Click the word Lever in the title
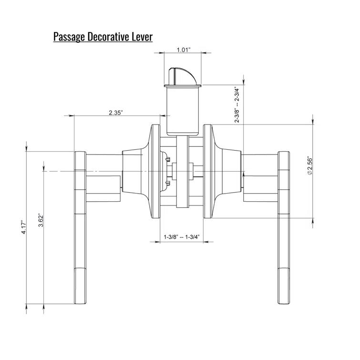click(x=142, y=37)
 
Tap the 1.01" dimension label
click(x=184, y=50)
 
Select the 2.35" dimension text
click(x=116, y=113)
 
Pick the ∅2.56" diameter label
click(x=309, y=165)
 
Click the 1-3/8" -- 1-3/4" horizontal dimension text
click(x=181, y=237)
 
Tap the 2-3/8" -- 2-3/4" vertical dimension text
click(x=237, y=104)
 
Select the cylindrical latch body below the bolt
click(x=181, y=110)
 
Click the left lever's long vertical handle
click(x=80, y=229)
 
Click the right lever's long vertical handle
click(x=284, y=229)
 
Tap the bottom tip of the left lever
click(x=80, y=299)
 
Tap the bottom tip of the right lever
click(x=284, y=299)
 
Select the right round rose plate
click(x=208, y=171)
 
